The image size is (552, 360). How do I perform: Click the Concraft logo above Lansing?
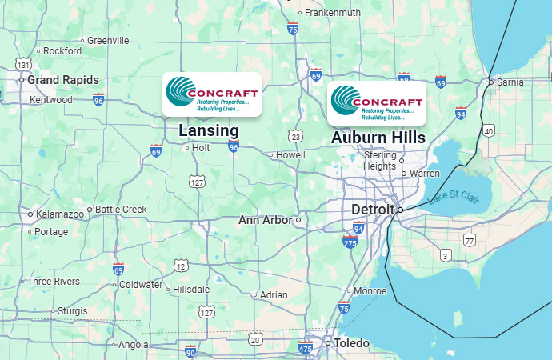click(212, 94)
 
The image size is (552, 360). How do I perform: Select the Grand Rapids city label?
click(63, 80)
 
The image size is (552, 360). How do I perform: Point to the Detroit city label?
click(372, 210)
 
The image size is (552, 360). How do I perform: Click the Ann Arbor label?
click(265, 219)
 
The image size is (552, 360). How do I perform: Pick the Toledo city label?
click(351, 343)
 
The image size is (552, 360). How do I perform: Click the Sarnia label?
click(510, 82)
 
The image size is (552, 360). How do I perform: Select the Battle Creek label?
click(121, 210)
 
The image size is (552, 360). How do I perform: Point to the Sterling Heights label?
click(380, 160)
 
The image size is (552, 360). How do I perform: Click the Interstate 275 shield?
click(350, 242)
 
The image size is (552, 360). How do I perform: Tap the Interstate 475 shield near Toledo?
click(305, 347)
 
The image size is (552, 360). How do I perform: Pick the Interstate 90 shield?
click(190, 350)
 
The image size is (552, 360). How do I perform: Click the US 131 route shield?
click(24, 64)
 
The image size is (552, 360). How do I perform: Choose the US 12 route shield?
click(182, 266)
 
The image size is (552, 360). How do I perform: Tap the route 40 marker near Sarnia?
click(489, 130)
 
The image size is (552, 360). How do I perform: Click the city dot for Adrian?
click(255, 295)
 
